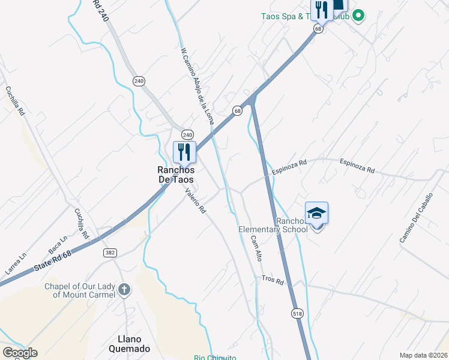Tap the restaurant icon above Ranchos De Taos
(184, 152)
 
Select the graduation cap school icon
(316, 213)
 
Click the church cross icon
(124, 290)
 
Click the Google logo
(20, 353)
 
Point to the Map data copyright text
(423, 355)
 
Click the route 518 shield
(297, 313)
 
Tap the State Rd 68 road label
(53, 260)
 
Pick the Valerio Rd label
(196, 201)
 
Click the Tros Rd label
(272, 280)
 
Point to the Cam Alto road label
(256, 247)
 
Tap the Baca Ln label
(58, 245)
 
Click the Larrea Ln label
(16, 264)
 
